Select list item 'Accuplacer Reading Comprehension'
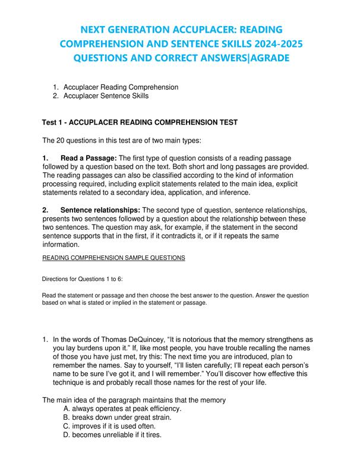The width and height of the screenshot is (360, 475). point(121,87)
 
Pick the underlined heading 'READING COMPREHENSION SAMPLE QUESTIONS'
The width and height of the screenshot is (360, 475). point(113,257)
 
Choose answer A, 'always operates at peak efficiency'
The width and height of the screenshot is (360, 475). point(122,409)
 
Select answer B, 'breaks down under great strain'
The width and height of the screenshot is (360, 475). point(117,418)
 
